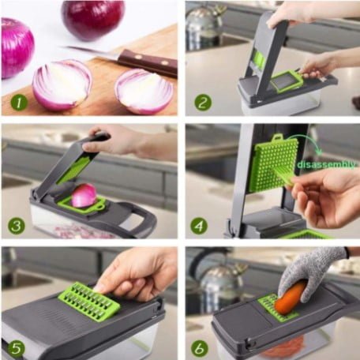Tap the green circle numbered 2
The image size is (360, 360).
pyautogui.click(x=203, y=102)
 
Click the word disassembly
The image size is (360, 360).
pyautogui.click(x=325, y=164)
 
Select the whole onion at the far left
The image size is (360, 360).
pyautogui.click(x=16, y=47)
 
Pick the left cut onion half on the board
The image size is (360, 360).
pyautogui.click(x=62, y=84)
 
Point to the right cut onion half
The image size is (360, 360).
pyautogui.click(x=144, y=91)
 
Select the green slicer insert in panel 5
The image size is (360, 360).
pyautogui.click(x=89, y=301)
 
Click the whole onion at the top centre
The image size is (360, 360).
pyautogui.click(x=92, y=18)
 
